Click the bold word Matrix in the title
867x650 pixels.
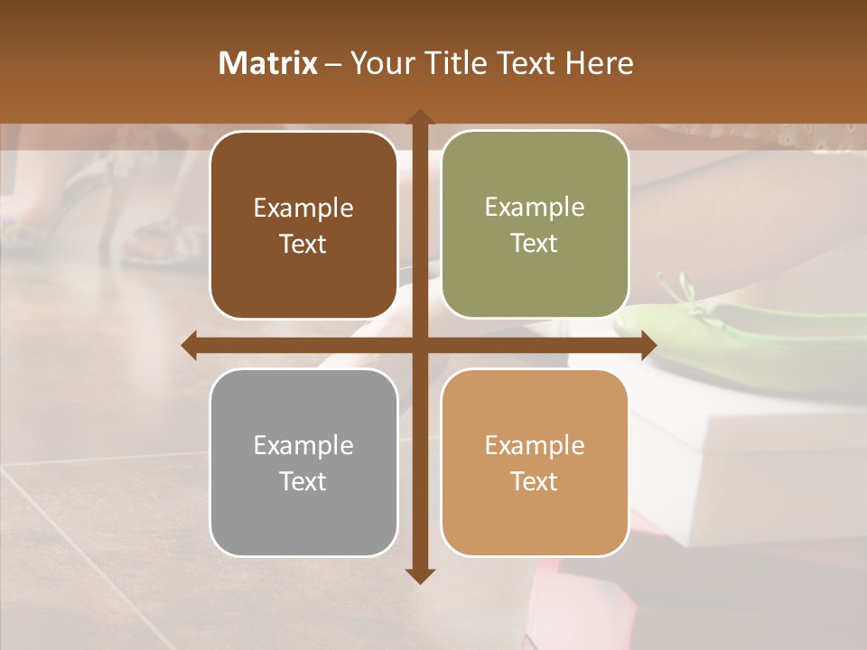(268, 63)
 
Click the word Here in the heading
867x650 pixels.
(599, 63)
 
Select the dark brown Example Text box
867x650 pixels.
(303, 225)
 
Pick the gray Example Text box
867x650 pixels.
(303, 462)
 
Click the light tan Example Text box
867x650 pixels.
(535, 462)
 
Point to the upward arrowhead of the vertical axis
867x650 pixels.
(419, 118)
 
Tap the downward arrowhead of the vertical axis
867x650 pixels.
(419, 575)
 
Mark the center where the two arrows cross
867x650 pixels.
(419, 345)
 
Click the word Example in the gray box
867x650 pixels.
(303, 445)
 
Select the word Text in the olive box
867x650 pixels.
(535, 243)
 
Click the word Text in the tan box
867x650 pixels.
(535, 481)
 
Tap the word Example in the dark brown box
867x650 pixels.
(303, 208)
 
